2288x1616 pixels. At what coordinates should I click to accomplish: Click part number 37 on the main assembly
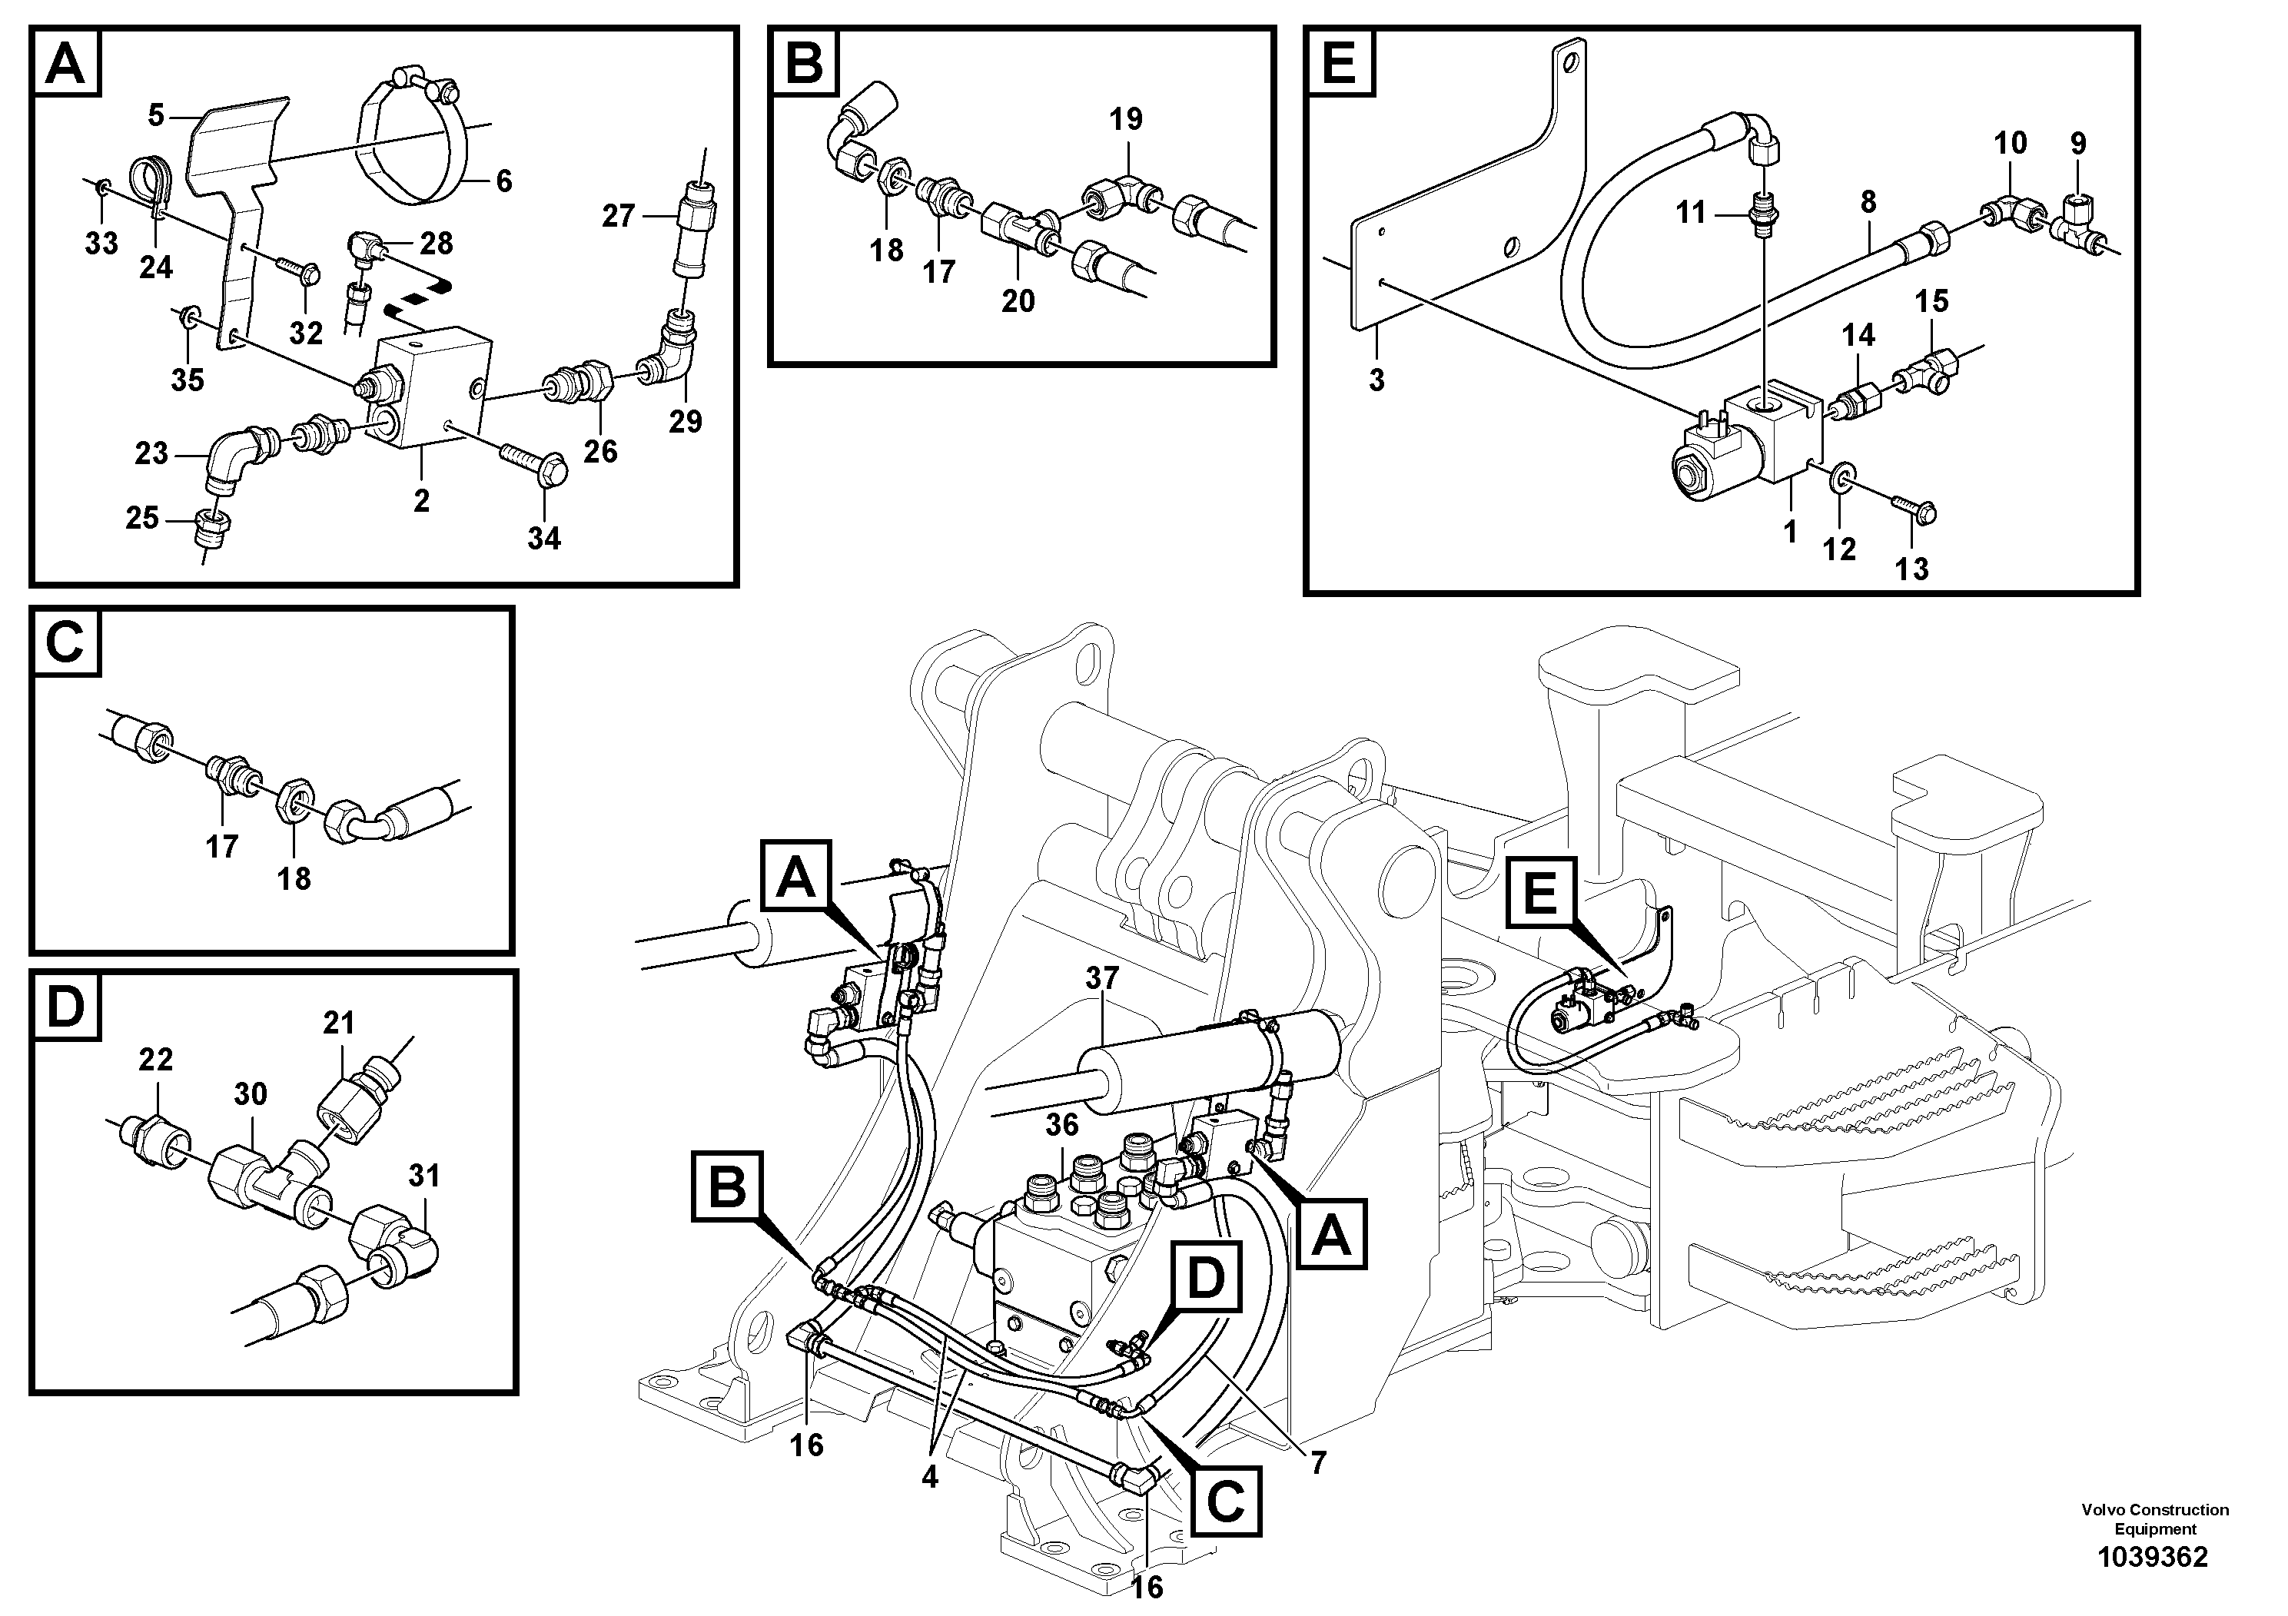1102,978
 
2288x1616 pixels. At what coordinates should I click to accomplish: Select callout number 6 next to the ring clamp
503,181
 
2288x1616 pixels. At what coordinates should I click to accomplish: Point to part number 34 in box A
544,538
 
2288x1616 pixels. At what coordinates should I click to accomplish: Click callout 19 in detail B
1125,120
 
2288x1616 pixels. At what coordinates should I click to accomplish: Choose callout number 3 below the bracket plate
1376,380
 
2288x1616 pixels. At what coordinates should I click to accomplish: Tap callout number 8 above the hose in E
1868,202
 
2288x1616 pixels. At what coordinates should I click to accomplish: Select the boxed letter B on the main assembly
728,1186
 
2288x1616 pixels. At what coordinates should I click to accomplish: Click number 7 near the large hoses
1317,1462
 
